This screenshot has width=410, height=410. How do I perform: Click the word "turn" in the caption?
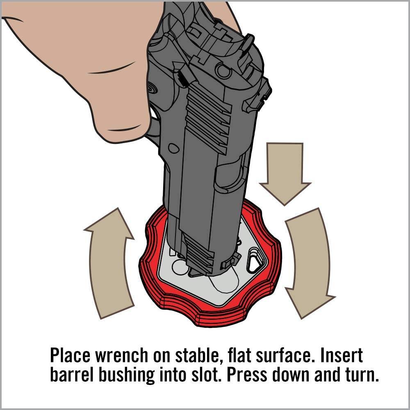(x=362, y=376)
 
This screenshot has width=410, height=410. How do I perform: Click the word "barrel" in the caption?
(x=72, y=375)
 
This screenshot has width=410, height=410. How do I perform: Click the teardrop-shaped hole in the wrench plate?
(x=253, y=262)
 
